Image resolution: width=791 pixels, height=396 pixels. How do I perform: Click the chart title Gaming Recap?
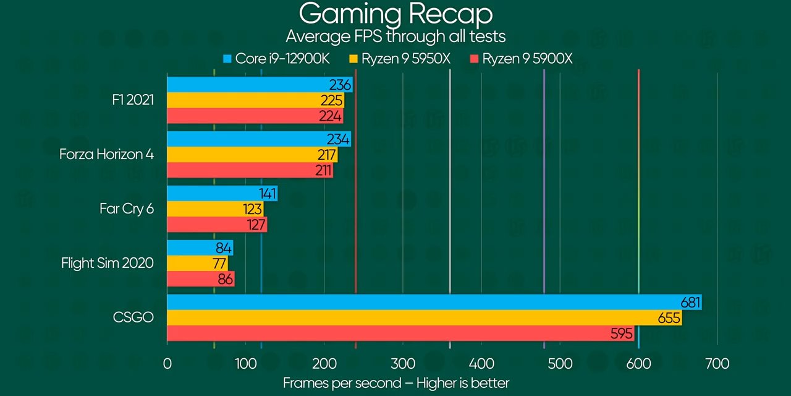[395, 14]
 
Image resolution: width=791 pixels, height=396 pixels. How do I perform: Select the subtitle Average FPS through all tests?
[395, 37]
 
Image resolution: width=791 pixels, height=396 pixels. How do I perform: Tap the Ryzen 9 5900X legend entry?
[522, 59]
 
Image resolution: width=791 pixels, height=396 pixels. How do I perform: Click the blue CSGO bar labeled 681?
[433, 302]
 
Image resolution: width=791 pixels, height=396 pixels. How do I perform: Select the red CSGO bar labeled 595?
[395, 334]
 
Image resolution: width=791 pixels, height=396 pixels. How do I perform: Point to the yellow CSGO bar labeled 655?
[420, 318]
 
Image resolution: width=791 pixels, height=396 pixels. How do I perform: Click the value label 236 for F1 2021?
[340, 85]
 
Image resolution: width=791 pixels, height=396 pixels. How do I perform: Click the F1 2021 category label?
[133, 100]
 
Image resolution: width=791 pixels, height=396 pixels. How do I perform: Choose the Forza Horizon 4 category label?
[106, 154]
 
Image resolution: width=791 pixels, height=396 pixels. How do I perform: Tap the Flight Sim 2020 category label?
[107, 263]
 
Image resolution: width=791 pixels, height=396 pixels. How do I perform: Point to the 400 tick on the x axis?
[481, 363]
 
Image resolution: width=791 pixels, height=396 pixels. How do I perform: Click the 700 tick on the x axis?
[717, 363]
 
